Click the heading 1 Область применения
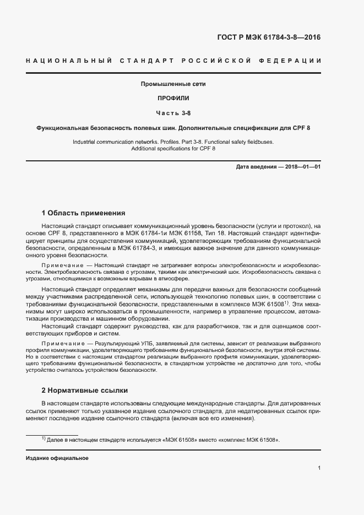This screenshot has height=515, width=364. [84, 213]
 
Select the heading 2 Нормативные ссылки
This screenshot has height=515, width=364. [85, 391]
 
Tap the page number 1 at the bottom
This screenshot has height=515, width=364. [319, 468]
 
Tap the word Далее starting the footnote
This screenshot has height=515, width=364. [56, 440]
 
